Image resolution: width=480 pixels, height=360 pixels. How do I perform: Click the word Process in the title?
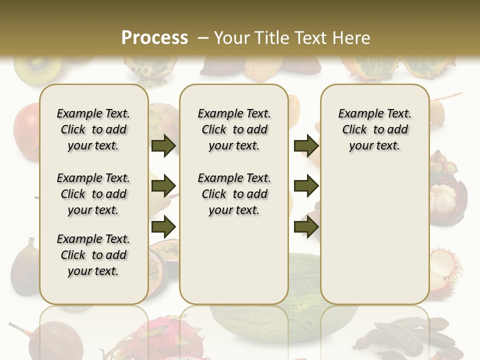(x=154, y=37)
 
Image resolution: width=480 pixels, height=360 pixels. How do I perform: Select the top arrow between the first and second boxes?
(x=163, y=145)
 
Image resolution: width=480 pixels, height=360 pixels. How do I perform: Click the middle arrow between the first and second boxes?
(x=163, y=186)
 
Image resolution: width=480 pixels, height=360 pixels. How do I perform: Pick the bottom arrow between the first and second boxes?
(x=163, y=226)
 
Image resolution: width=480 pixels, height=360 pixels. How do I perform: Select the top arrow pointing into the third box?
(x=306, y=145)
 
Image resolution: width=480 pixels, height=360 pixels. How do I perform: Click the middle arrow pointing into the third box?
(x=306, y=186)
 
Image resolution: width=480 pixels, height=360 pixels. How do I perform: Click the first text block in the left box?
(x=93, y=129)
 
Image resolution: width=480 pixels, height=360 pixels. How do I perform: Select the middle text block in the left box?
(x=93, y=194)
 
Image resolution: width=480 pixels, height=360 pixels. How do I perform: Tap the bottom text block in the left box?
(x=93, y=255)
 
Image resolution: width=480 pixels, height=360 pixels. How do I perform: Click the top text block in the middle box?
(x=234, y=129)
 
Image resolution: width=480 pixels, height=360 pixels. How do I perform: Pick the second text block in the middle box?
(x=234, y=194)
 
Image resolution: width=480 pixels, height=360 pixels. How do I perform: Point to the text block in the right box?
(x=374, y=129)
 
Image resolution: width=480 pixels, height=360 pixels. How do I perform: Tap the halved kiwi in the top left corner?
(x=30, y=70)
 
